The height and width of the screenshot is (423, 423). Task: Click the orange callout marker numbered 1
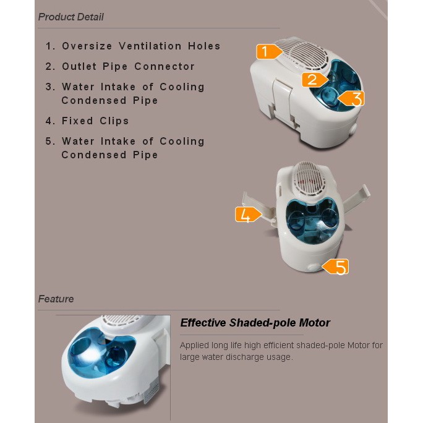pos(268,51)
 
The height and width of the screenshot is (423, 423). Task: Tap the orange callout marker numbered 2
pos(315,80)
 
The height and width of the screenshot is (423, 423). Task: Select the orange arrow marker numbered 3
pos(351,98)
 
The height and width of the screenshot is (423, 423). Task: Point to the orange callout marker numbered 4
pos(248,215)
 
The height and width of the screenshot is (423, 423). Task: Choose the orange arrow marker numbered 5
pos(336,267)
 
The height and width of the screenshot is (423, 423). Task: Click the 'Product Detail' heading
pos(70,17)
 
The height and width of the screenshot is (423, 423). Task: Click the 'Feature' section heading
pos(56,299)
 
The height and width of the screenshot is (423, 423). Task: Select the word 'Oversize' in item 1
pos(87,46)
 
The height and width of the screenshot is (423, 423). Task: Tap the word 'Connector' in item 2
pos(164,66)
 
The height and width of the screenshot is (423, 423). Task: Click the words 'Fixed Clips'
pos(95,121)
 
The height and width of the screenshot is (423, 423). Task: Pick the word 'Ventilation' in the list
pos(150,46)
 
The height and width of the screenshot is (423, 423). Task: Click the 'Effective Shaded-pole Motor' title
pos(255,323)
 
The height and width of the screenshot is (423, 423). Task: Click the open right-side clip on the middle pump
pos(356,197)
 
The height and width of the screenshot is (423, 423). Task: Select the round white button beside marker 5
pos(314,268)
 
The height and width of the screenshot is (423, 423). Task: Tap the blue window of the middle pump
pos(312,219)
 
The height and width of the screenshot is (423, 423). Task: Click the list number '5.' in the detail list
pos(50,142)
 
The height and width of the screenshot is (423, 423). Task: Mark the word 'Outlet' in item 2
pos(79,66)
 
